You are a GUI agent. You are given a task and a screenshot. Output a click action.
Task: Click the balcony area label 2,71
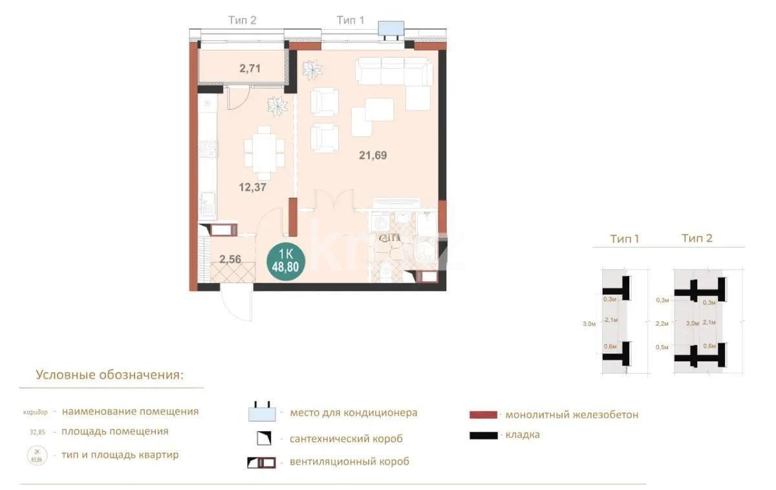click(250, 67)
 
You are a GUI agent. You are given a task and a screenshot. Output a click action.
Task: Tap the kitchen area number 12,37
click(252, 187)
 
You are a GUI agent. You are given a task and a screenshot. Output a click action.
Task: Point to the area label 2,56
click(230, 260)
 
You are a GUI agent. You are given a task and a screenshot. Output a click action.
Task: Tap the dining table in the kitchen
click(264, 153)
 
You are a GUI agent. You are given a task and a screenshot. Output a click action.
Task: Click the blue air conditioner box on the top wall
click(391, 28)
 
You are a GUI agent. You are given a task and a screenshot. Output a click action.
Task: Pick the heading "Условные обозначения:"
click(109, 375)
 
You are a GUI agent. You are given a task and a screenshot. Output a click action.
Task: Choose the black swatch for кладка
click(484, 435)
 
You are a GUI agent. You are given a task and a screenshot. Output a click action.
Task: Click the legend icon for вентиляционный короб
click(261, 462)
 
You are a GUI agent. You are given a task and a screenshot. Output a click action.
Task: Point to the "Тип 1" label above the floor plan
click(350, 21)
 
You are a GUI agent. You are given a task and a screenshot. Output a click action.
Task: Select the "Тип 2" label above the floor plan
click(242, 21)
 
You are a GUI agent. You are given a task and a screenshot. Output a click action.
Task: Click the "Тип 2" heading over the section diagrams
click(696, 239)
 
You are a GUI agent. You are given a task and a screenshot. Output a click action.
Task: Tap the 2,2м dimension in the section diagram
click(662, 323)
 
